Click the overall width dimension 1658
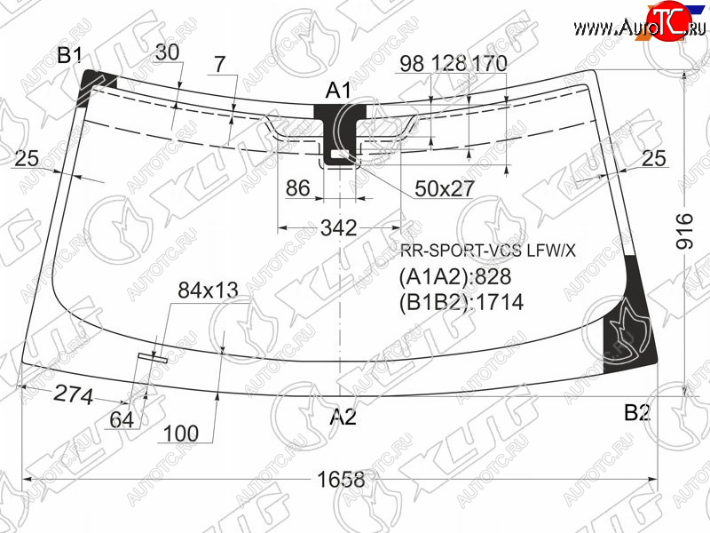click(341, 480)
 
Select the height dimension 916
click(684, 232)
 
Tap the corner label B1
click(70, 55)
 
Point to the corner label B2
click(637, 412)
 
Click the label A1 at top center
click(338, 91)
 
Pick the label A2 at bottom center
click(343, 417)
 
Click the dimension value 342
click(339, 227)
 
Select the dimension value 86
click(298, 187)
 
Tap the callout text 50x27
click(445, 188)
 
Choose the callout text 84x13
click(208, 290)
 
